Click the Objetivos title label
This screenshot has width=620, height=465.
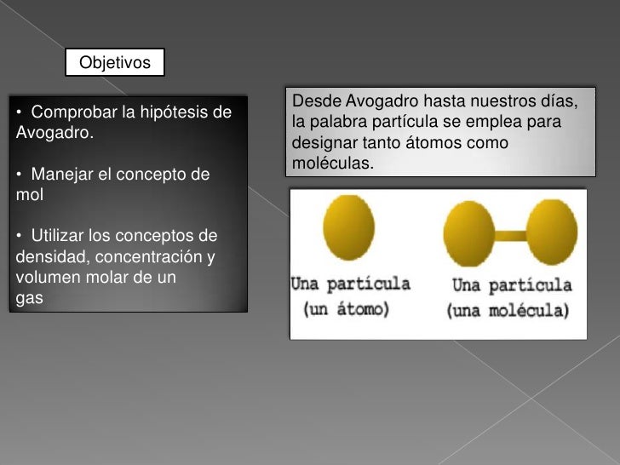click(114, 63)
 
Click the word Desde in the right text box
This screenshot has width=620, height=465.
click(312, 103)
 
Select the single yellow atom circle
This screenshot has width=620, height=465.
click(350, 232)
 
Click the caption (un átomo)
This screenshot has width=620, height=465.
click(347, 310)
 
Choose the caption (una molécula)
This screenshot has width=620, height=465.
click(508, 311)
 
